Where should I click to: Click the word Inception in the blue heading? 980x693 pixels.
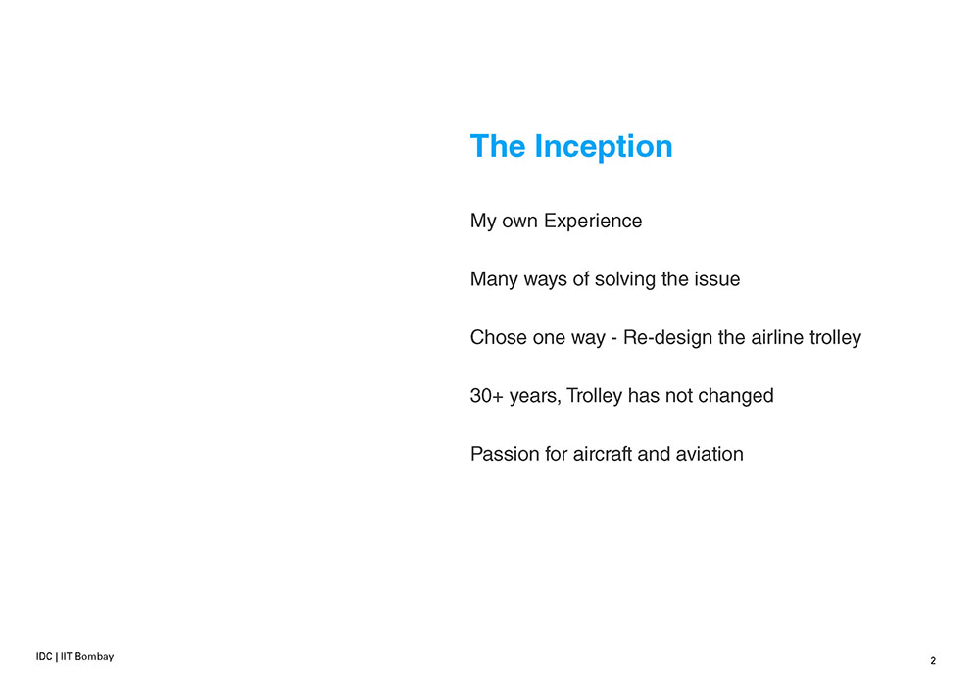point(603,147)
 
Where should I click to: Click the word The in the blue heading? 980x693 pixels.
point(498,146)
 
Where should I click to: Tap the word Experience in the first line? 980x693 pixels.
point(593,222)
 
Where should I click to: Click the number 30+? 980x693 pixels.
point(487,396)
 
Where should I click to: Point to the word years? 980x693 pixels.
point(535,397)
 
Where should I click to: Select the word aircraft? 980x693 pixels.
point(603,454)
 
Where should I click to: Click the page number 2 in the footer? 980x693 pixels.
point(933,660)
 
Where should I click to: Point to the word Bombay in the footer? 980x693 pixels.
point(94,656)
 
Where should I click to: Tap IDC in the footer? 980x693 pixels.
point(44,656)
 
